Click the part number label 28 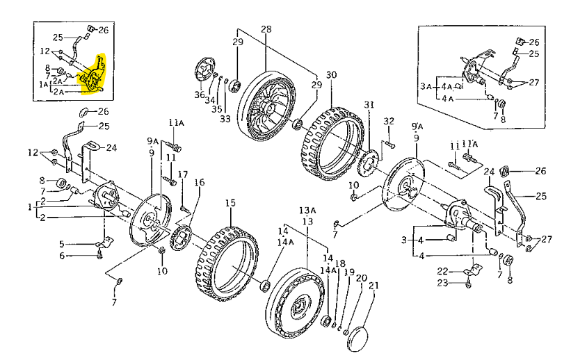[x=266, y=29]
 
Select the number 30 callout [x=331, y=74]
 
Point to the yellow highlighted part [x=93, y=76]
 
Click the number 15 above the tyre [x=230, y=204]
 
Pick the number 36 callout [x=200, y=95]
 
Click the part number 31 [x=369, y=106]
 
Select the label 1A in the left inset [x=43, y=84]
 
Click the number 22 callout [x=442, y=270]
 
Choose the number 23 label [x=442, y=282]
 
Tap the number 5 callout [x=61, y=243]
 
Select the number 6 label [x=61, y=255]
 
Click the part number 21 [x=373, y=286]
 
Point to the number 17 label [x=183, y=174]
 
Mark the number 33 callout [x=225, y=119]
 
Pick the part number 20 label [x=361, y=278]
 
